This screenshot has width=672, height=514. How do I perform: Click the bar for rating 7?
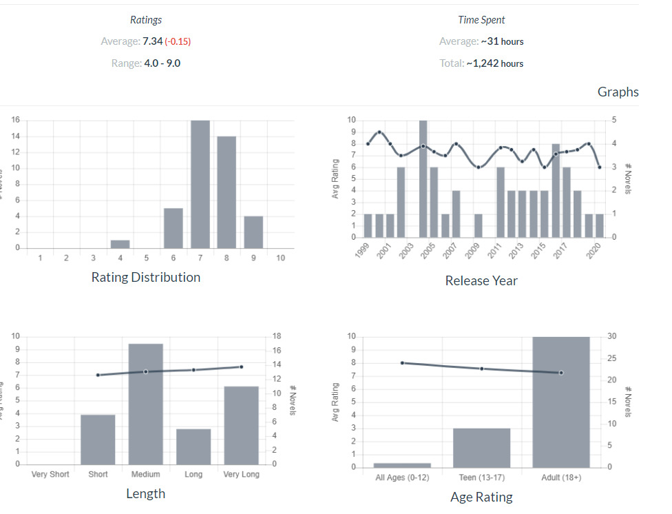200,185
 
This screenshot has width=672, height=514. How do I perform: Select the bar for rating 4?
120,244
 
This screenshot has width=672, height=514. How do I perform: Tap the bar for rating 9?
253,232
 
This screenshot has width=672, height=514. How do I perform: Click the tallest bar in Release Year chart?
423,179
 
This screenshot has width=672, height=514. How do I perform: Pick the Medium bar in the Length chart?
146,404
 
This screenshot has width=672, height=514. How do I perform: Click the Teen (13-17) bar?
481,448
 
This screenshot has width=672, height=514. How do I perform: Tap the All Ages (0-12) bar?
402,465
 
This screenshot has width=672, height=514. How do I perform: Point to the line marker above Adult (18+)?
561,373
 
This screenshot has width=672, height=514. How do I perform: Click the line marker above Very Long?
241,367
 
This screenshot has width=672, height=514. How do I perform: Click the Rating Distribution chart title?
146,277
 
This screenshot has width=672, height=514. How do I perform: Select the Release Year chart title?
481,280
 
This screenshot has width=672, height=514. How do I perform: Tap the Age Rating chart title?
481,497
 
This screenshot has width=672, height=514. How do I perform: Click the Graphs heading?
618,92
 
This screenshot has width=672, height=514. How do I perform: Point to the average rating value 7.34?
152,41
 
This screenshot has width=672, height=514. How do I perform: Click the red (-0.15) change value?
178,41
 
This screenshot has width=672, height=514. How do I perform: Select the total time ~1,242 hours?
495,63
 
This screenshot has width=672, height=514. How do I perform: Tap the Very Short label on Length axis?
50,474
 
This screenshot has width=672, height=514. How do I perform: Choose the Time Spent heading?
481,20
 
